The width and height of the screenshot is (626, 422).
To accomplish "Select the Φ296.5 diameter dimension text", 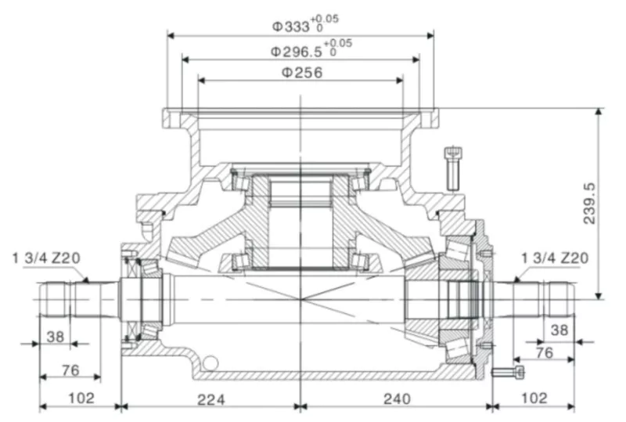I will pos(297,51).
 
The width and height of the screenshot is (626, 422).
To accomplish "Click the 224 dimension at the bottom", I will pos(211,399).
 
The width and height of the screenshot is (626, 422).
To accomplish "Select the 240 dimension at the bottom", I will pos(398,399).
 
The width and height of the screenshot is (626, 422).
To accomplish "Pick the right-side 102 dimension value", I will pos(534,399).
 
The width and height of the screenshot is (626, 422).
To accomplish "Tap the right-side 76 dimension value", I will pos(545,354).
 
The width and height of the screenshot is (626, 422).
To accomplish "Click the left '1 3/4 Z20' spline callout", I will pos(48,257).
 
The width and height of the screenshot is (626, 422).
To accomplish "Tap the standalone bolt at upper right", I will pos(451,167).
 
